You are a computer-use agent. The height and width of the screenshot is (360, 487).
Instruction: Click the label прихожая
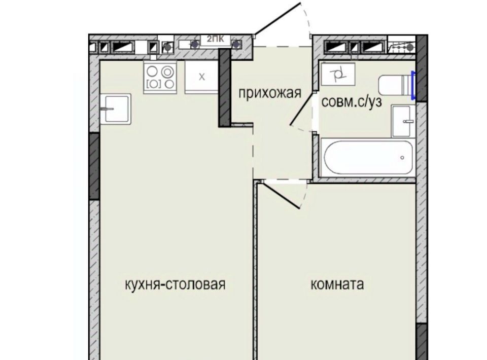click(x=269, y=93)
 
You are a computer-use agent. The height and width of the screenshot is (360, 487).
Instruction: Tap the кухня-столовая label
click(x=175, y=284)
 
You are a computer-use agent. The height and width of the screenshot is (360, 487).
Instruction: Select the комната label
click(x=337, y=284)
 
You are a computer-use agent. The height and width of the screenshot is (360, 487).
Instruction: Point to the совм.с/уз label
click(x=351, y=102)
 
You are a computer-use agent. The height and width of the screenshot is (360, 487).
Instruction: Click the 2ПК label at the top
click(x=215, y=40)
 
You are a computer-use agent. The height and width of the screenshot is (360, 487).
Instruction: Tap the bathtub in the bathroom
click(x=368, y=158)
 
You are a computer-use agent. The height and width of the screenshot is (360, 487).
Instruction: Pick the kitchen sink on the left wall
click(x=116, y=109)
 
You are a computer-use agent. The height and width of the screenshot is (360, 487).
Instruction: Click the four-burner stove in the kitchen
click(x=160, y=77)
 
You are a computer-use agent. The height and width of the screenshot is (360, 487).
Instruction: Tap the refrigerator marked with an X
click(x=202, y=77)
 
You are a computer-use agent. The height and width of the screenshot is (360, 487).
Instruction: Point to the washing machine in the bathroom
click(x=338, y=74)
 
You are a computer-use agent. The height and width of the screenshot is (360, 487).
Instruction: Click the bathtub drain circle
click(x=402, y=158)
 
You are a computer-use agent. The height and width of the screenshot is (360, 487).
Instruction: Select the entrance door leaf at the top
click(x=277, y=18)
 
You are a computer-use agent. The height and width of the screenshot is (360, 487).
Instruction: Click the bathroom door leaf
click(x=302, y=109)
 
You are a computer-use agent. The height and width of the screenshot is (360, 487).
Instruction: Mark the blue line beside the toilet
click(x=413, y=85)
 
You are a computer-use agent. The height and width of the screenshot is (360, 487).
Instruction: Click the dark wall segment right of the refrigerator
click(x=225, y=88)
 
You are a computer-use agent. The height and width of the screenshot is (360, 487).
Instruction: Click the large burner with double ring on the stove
click(x=168, y=72)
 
